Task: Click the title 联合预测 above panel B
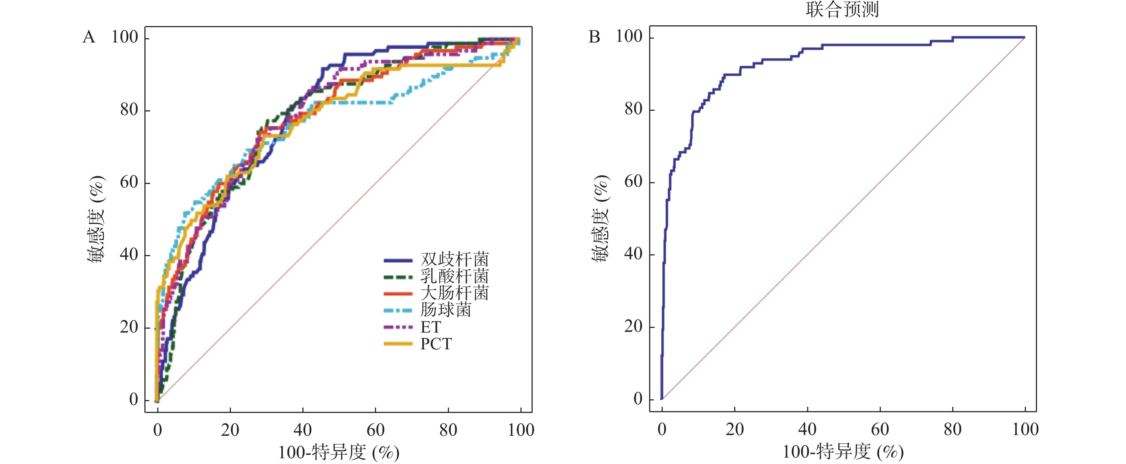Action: point(842,10)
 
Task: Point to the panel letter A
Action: point(89,37)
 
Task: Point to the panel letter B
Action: point(594,37)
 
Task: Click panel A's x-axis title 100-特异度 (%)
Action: point(339,453)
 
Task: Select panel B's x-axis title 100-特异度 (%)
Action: point(843,452)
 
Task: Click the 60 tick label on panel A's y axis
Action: point(129,182)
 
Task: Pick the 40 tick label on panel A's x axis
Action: point(302,430)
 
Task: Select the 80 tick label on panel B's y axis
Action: point(633,109)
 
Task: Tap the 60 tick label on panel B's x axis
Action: point(879,429)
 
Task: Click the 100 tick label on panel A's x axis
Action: point(520,430)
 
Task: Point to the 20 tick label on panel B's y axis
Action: point(633,326)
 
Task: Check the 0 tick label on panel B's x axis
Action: point(662,429)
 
